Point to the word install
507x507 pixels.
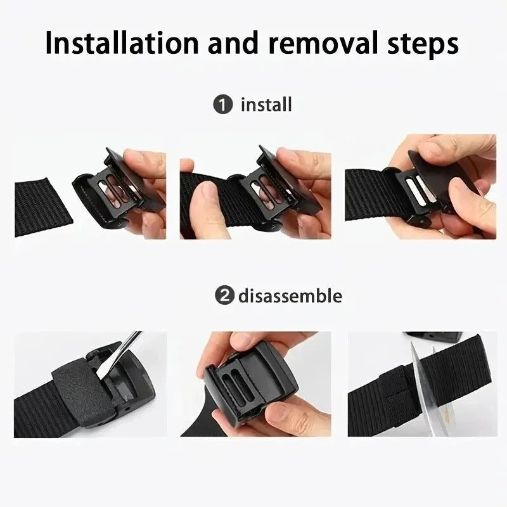tap(266, 105)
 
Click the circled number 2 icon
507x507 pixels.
tap(223, 296)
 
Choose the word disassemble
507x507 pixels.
tap(290, 296)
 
